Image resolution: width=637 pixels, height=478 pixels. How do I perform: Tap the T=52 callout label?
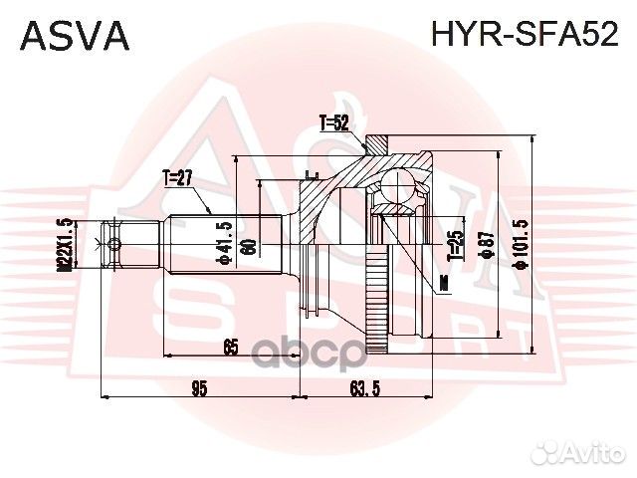click(x=334, y=124)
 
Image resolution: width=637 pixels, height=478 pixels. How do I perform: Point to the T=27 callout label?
click(x=176, y=178)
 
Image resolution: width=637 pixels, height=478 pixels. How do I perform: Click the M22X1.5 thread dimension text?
click(x=64, y=245)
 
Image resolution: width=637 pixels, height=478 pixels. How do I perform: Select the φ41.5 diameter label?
click(x=228, y=243)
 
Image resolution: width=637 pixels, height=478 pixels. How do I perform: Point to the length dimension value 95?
click(x=199, y=388)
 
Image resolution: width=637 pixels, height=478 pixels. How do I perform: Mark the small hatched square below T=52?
click(x=375, y=145)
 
